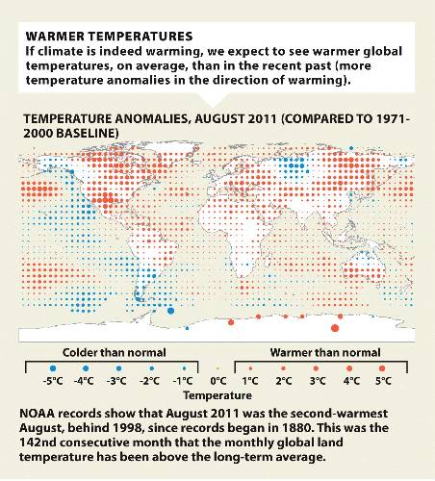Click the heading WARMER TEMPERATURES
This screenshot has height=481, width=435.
[109, 37]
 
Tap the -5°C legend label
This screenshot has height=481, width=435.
[53, 381]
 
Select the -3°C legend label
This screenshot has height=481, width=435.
[116, 381]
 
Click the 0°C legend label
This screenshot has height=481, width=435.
[218, 381]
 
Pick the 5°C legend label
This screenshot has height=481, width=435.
[383, 381]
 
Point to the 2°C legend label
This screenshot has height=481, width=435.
[284, 381]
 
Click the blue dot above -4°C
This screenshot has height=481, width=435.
[86, 368]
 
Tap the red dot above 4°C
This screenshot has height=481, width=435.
[349, 368]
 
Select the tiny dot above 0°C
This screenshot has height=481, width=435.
[218, 368]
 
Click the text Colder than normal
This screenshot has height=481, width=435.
[115, 353]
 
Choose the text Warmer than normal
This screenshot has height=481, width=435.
[325, 353]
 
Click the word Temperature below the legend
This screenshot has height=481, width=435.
[217, 395]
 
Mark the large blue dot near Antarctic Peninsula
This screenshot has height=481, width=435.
[170, 311]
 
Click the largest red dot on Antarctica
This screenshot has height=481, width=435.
[335, 328]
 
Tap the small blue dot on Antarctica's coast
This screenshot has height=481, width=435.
[187, 328]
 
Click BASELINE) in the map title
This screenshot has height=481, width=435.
[88, 134]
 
